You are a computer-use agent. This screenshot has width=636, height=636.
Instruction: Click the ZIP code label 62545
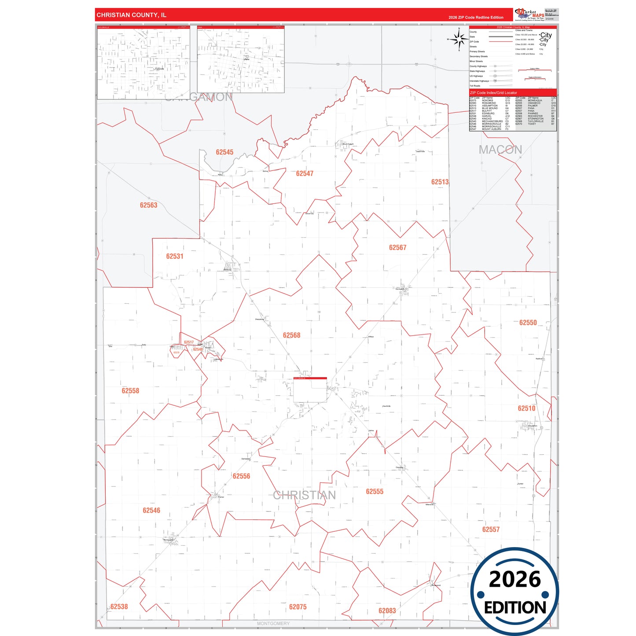pos(224,152)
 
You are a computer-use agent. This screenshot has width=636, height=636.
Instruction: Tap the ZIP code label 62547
pos(305,174)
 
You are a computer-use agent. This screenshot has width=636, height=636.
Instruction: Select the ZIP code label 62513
pos(440,182)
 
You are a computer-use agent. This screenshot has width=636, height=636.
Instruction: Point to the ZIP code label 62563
pos(148,205)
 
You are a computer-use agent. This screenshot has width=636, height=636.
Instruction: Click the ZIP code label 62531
pos(175,256)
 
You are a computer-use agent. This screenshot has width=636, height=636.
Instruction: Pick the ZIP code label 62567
pos(397,248)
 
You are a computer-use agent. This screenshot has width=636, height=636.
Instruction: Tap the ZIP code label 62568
pos(291,335)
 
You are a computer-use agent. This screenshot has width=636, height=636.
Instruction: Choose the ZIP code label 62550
pos(528,323)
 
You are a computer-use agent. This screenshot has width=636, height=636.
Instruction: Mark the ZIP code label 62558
pos(130,391)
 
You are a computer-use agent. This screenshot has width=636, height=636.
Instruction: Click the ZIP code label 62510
pos(526,408)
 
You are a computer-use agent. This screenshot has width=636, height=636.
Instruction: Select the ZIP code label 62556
pos(241,476)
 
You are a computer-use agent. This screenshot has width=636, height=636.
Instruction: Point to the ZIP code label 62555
pos(375,492)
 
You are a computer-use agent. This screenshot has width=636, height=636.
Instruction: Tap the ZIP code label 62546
pos(151,511)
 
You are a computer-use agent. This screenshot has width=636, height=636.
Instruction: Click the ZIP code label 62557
pos(491,529)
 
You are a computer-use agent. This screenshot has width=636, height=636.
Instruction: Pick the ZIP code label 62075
pos(298,607)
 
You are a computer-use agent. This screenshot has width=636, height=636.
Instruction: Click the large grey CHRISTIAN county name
pos(304,496)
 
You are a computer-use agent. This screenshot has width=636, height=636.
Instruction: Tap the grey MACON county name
pos(500,150)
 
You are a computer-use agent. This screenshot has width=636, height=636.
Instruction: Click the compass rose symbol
pos(459,40)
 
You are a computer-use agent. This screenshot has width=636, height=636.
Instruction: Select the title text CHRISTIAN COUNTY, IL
pos(131,15)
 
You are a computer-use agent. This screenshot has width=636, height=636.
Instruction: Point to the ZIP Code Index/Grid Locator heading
pos(493,93)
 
